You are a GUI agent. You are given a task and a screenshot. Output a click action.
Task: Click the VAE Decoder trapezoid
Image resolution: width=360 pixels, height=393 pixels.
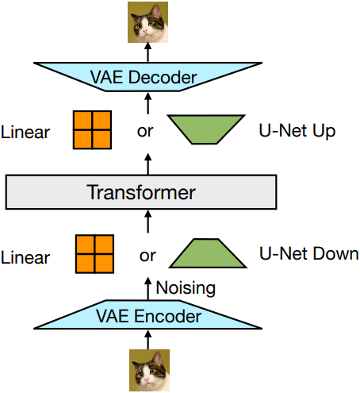click(x=147, y=77)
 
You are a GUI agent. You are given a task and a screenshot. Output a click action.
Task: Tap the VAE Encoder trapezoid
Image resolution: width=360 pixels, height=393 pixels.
click(x=147, y=314)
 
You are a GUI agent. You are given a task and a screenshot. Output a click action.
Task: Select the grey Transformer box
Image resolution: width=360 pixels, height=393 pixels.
click(x=141, y=192)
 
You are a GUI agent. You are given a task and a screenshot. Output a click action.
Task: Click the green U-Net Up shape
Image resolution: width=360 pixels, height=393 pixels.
click(x=206, y=129)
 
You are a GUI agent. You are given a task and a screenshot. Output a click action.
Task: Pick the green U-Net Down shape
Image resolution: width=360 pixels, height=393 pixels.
click(x=208, y=253)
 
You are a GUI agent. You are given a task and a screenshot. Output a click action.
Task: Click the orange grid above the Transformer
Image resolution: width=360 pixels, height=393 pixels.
click(x=92, y=130)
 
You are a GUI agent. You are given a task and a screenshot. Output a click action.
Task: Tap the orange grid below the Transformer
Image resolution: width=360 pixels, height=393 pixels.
click(x=94, y=254)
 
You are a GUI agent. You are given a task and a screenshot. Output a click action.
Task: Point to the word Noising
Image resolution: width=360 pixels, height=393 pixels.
click(x=186, y=288)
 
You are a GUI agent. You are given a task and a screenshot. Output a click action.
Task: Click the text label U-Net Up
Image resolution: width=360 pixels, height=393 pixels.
click(x=297, y=131)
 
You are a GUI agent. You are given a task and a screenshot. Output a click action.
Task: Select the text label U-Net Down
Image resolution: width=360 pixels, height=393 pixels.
click(x=309, y=253)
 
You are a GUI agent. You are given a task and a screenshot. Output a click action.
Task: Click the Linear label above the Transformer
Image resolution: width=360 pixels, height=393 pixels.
click(x=25, y=132)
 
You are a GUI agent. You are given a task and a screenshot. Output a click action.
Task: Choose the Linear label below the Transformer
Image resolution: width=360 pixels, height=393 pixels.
click(x=25, y=257)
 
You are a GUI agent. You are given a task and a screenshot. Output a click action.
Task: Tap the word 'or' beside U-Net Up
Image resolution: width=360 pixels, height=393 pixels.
click(x=145, y=131)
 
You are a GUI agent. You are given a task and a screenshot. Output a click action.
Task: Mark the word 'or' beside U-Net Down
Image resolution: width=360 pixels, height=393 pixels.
click(x=147, y=256)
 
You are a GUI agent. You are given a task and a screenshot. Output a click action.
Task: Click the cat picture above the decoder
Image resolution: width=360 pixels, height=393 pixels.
click(x=147, y=22)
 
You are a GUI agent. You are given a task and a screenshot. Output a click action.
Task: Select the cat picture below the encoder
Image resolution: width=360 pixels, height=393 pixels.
click(x=149, y=370)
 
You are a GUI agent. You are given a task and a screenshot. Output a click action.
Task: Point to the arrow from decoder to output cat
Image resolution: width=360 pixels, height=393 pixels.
click(x=148, y=52)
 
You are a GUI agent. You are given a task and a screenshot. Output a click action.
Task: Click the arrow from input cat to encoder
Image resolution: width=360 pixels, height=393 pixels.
click(x=148, y=340)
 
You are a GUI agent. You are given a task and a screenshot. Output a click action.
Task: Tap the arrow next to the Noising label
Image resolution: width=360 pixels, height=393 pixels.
click(x=148, y=288)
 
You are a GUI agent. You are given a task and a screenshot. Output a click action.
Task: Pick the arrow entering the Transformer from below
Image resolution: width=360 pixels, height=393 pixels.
click(x=148, y=222)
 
